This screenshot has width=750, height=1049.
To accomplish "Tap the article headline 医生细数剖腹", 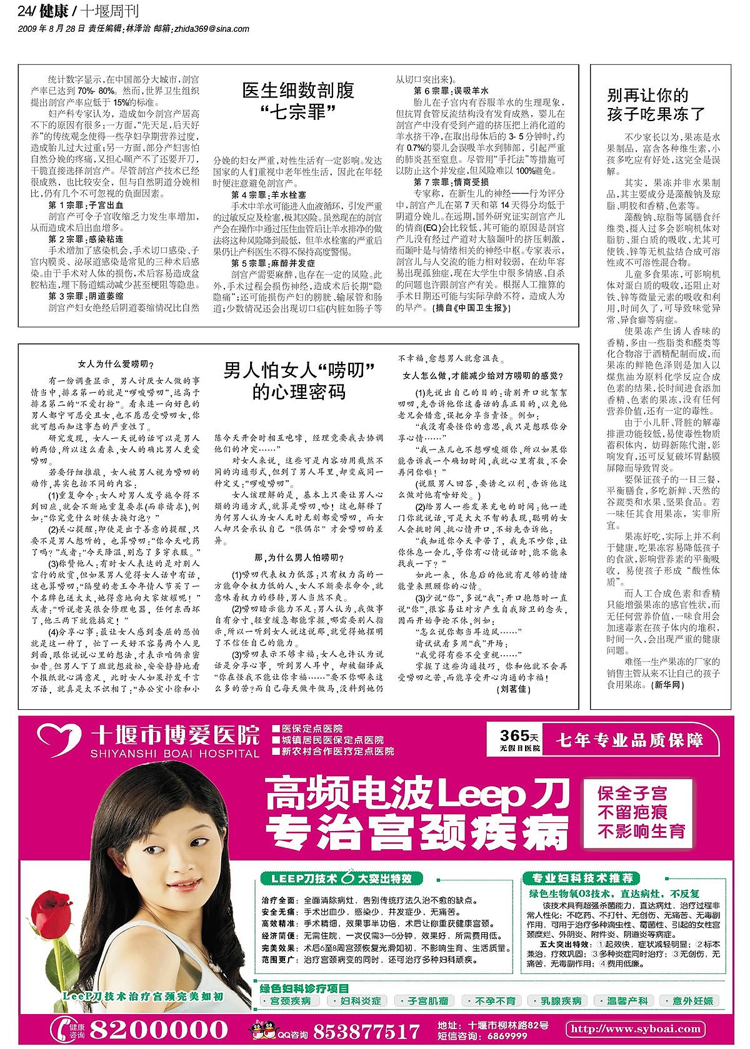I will (298, 91).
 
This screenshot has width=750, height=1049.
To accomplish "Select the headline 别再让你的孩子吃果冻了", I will (656, 104).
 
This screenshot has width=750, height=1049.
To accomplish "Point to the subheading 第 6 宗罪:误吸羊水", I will (451, 91).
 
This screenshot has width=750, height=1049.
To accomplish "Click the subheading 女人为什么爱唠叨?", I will (115, 364).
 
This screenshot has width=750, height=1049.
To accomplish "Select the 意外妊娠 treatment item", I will (692, 1000).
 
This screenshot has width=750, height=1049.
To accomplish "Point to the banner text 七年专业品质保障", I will (629, 741).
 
